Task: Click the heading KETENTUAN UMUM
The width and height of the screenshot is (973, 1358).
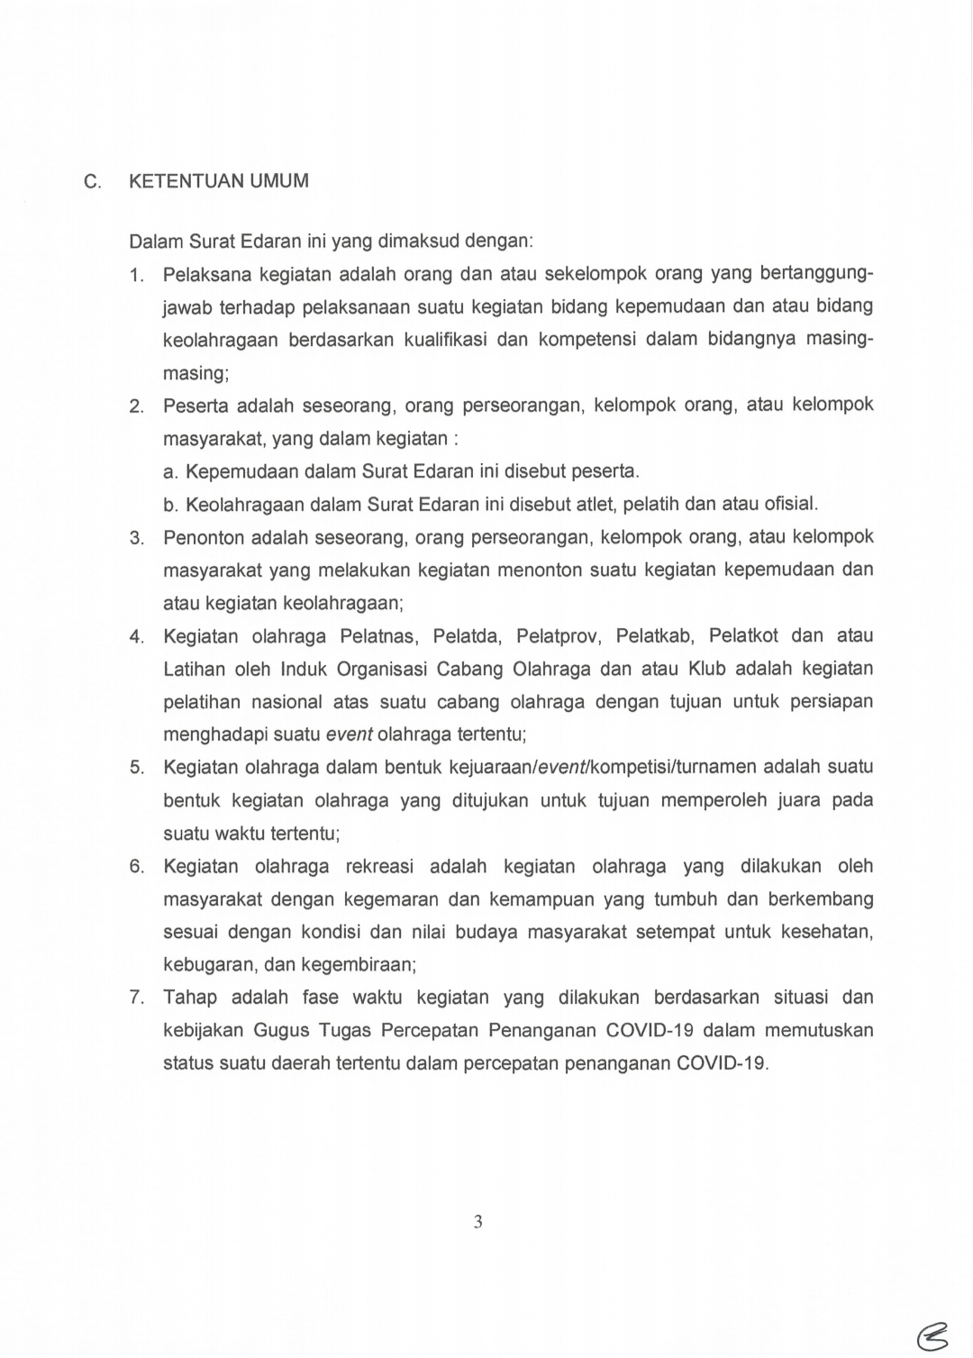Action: (219, 181)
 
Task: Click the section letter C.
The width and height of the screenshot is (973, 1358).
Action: (92, 182)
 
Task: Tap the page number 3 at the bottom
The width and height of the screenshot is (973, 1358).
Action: (477, 1222)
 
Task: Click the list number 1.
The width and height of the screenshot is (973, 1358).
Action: (136, 275)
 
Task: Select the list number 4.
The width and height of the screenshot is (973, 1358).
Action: (136, 637)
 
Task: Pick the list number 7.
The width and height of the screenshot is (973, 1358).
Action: (136, 998)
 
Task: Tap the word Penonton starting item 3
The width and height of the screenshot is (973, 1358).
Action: (203, 537)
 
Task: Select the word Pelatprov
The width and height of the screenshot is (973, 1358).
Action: (558, 635)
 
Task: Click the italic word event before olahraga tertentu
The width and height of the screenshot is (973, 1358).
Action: (349, 734)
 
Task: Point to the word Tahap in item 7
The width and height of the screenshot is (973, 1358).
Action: (189, 997)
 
